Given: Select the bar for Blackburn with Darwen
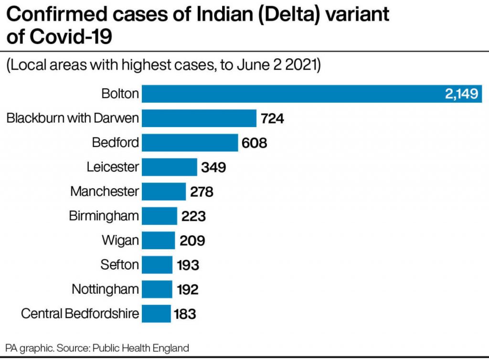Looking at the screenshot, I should coord(199,118).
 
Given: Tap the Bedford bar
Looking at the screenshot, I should coord(190,142).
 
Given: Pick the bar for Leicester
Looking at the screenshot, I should coord(170,167).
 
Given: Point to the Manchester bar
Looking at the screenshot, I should coord(164,191).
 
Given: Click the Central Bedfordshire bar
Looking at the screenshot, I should coord(156,314).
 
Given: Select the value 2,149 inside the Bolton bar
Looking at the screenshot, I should coord(461,94).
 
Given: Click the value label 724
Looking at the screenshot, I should coord(273,118).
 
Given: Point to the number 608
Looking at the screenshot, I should coord(255,143).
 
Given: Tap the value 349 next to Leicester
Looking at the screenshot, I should coord(213,168).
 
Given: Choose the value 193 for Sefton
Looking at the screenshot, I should coord(188,265).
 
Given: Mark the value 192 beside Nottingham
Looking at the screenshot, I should coord(188,289).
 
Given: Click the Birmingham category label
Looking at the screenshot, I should coord(104,216).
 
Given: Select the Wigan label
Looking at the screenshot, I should coord(120,240).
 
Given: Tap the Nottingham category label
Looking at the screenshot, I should coord(106,289).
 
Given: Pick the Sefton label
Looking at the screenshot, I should coord(120,265).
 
